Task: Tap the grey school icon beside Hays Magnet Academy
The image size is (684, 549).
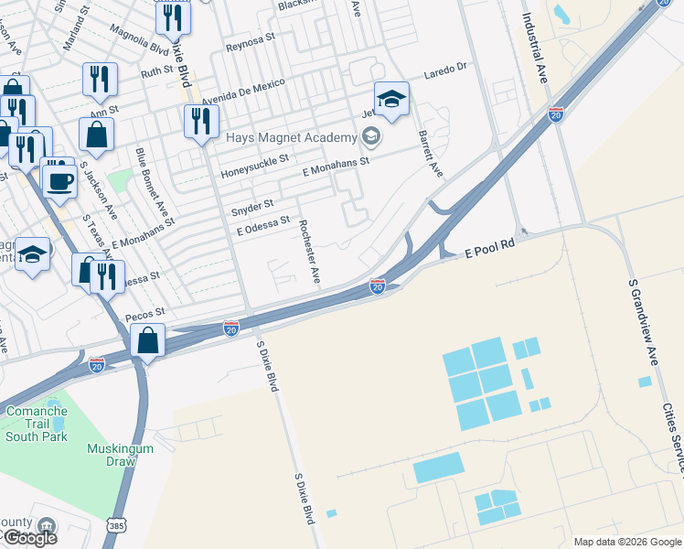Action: coord(370,138)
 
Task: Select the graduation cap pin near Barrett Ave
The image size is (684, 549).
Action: coord(391,99)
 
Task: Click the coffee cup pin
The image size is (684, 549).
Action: coord(60,179)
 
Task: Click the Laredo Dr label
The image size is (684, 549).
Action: coord(444,67)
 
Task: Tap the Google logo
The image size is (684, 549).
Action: coord(31,538)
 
